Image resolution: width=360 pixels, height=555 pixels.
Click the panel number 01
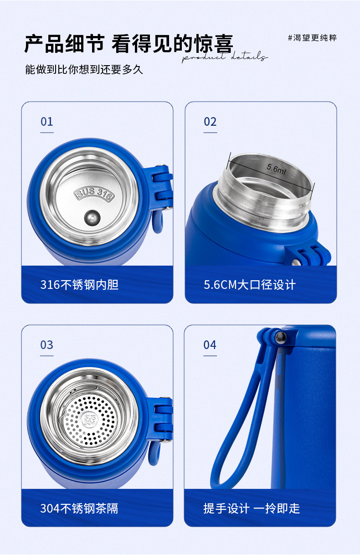[47, 122]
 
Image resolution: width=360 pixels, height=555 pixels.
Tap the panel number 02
[210, 122]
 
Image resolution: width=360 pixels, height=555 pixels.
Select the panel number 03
[47, 345]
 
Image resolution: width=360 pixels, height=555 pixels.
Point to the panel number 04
[210, 345]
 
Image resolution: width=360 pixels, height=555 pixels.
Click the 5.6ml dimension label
[276, 169]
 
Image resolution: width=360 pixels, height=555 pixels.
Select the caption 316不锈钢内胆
[80, 285]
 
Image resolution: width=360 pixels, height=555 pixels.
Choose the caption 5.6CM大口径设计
[250, 285]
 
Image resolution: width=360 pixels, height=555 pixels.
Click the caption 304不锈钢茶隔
[79, 509]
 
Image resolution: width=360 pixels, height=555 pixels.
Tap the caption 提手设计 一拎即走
[252, 509]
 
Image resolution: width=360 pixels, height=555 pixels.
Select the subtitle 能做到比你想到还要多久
[84, 70]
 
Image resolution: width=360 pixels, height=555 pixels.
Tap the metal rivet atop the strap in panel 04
[281, 338]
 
